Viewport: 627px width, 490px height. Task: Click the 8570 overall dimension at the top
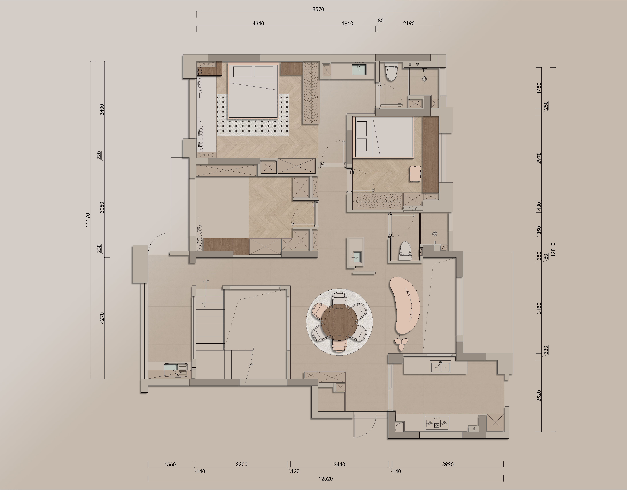coord(318,9)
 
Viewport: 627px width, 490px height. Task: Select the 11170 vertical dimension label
coord(88,220)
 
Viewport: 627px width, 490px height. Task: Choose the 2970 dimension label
coord(539,158)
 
